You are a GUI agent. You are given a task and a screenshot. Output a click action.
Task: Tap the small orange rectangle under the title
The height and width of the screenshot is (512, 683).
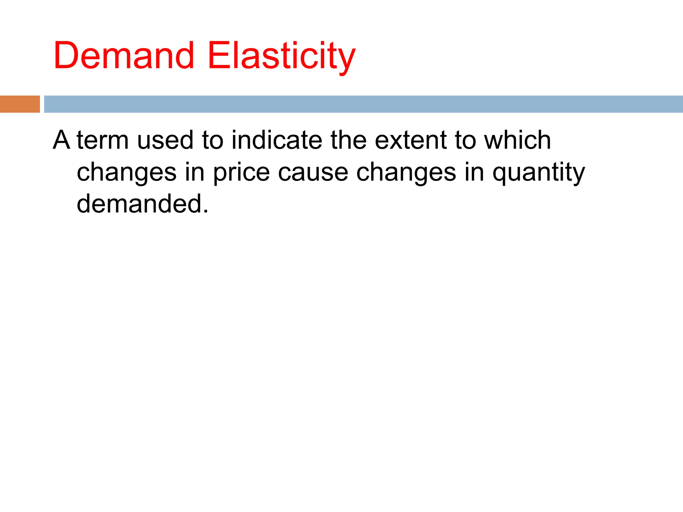coord(20,104)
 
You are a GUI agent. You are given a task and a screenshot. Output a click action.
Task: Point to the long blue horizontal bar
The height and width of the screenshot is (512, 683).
coord(363,104)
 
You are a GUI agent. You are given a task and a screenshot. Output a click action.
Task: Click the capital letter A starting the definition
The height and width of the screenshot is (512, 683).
coord(62,140)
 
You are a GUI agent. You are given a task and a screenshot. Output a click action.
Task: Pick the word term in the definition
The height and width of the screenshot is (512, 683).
coord(103,140)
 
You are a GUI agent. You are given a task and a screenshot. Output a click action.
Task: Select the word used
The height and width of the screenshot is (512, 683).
coord(165,140)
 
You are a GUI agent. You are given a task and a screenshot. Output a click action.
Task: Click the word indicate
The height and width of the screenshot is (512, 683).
coord(277,140)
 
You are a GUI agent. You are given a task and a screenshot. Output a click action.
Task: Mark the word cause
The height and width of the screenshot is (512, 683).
coord(313,173)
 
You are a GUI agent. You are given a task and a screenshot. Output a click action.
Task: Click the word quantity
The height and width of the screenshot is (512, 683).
coord(539,173)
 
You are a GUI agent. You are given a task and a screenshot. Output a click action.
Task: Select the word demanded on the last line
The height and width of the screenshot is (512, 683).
coord(142,204)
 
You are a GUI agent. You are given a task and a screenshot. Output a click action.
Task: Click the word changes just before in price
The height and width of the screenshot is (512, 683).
coord(127,173)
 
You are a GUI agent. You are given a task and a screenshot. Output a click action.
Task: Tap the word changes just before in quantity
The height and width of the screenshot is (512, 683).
coord(406,173)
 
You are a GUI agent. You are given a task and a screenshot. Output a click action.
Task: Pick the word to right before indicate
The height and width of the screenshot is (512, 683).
coord(212,140)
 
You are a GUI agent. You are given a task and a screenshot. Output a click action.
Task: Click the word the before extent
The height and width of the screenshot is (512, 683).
coord(349,140)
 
